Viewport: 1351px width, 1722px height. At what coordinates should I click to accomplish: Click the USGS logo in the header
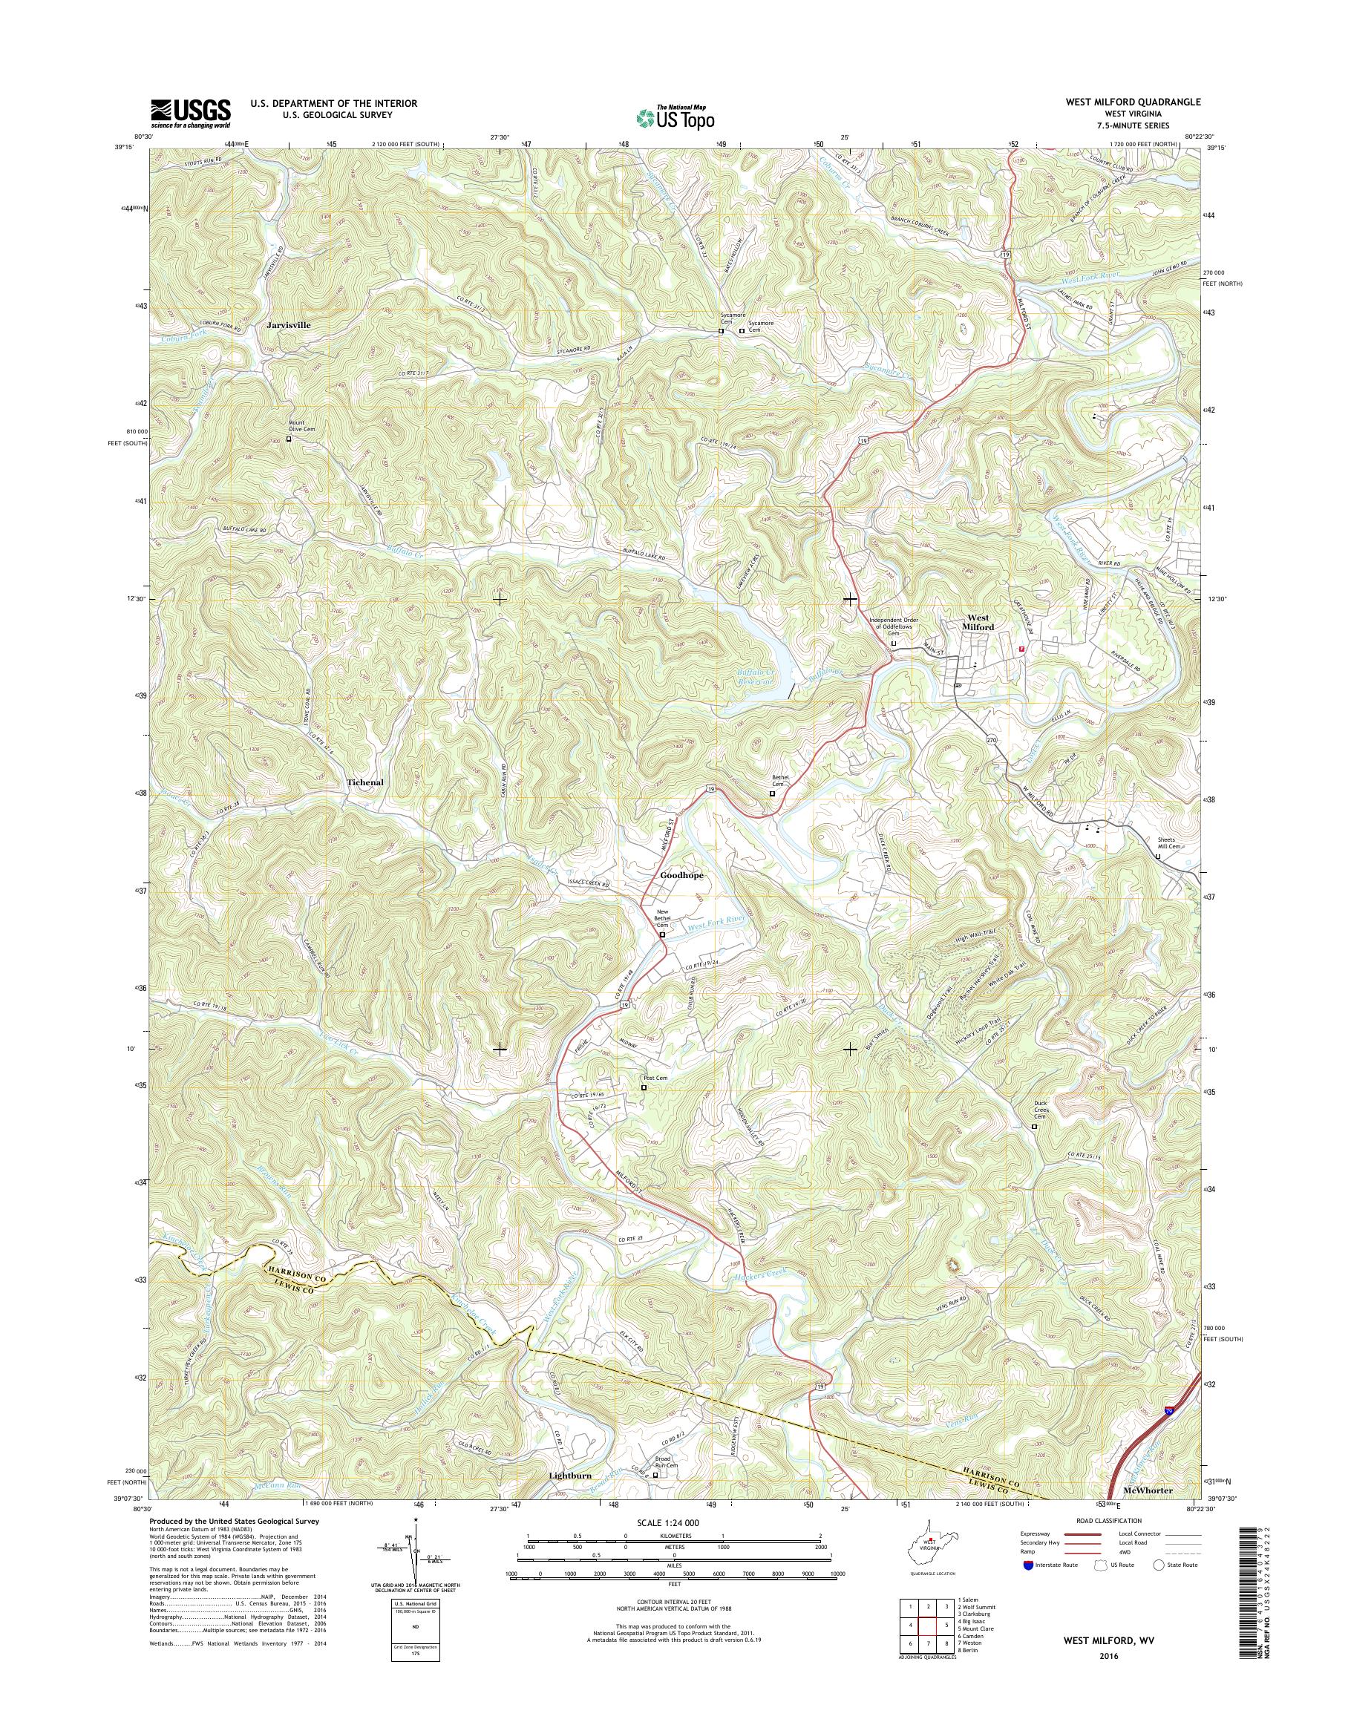(x=191, y=113)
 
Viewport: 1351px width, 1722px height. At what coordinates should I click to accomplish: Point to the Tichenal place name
(x=364, y=782)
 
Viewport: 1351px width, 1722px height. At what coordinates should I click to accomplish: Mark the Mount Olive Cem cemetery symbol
(x=289, y=439)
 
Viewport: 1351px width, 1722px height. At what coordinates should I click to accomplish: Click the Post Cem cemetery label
(x=655, y=1078)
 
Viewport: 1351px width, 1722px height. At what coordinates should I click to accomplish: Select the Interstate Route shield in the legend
(x=1026, y=1565)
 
